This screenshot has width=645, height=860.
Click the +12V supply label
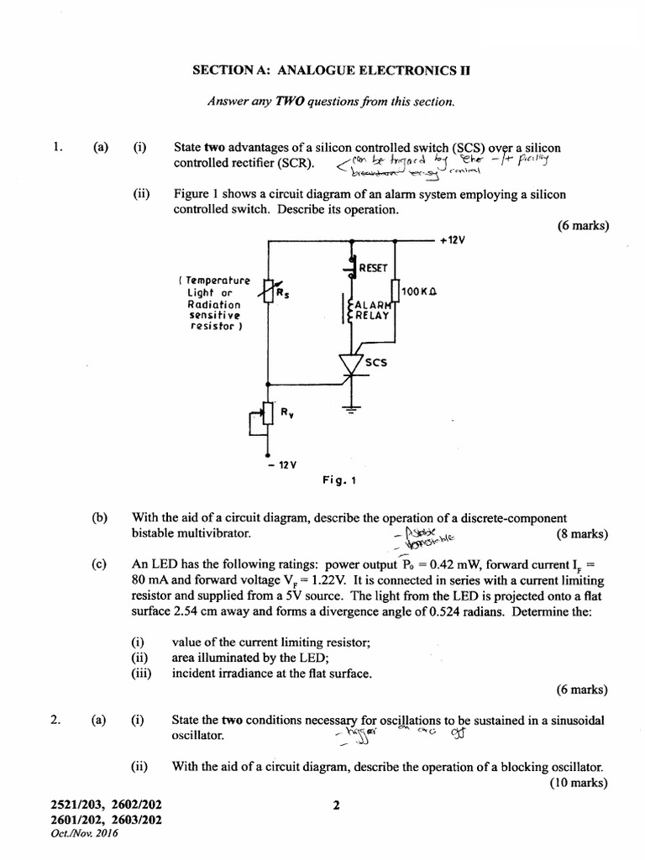(452, 240)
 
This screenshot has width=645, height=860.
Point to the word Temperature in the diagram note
(217, 279)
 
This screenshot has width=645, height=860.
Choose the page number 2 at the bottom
(336, 806)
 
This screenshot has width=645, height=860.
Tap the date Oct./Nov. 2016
(86, 834)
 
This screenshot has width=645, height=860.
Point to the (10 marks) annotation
(579, 783)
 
